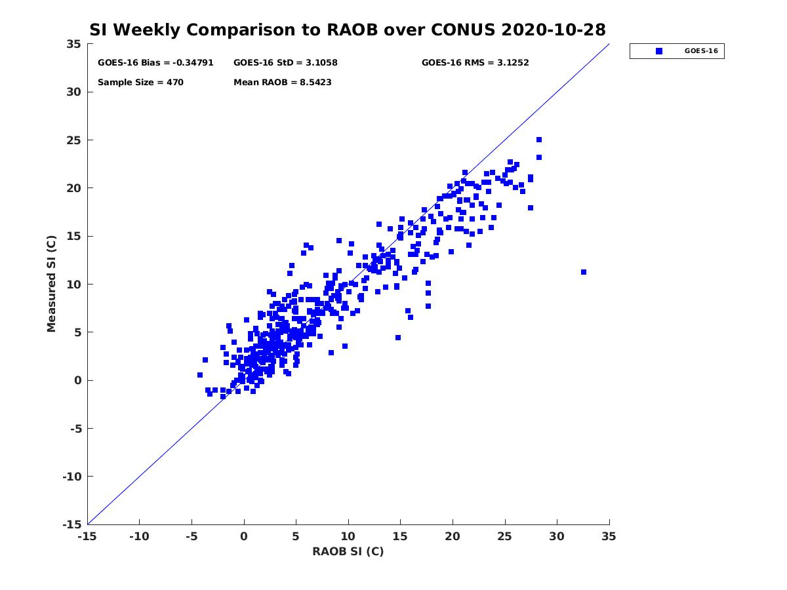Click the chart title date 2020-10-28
[x=554, y=29]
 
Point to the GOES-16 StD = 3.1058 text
[x=285, y=63]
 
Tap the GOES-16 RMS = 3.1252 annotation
[x=475, y=63]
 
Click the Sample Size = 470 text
[x=140, y=83]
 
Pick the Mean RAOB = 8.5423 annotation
[x=283, y=83]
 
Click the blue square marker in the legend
[x=659, y=51]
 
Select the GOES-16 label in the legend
[x=701, y=51]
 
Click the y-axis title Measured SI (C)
[x=51, y=284]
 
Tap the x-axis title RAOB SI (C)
[x=348, y=551]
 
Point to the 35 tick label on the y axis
[x=73, y=44]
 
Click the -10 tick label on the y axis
[x=72, y=477]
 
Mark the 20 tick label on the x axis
[x=453, y=536]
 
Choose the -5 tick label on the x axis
[x=192, y=536]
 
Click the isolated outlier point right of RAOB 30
[x=583, y=272]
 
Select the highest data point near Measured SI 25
[x=539, y=140]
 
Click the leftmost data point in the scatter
[x=200, y=375]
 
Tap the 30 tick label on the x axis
[x=557, y=536]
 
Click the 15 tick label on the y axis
[x=73, y=237]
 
